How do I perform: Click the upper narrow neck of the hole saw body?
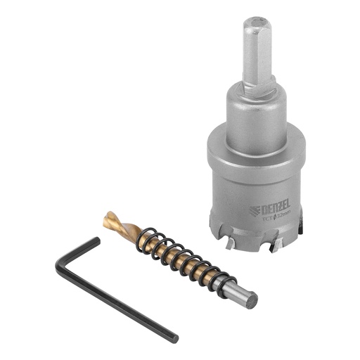(x=257, y=112)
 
